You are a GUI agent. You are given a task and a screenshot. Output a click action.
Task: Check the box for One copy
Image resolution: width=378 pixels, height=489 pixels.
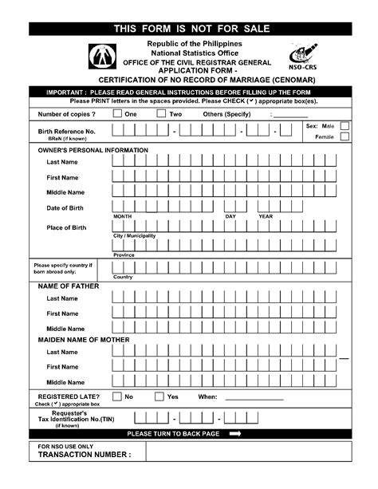(x=117, y=114)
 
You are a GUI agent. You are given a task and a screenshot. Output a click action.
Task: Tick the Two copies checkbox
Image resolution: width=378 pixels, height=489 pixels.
(x=161, y=114)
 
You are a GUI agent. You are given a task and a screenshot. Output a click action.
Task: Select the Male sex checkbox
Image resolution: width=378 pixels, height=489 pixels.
(x=345, y=126)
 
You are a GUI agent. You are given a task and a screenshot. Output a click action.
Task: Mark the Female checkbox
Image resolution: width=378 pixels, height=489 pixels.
(x=345, y=137)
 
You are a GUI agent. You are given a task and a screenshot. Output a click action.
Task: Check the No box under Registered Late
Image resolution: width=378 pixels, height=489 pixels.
(x=117, y=396)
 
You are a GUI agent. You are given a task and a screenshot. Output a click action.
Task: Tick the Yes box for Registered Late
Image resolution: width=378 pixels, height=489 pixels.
(x=159, y=396)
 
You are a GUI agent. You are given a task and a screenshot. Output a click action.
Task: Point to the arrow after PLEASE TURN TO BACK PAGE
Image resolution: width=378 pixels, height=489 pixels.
(x=235, y=434)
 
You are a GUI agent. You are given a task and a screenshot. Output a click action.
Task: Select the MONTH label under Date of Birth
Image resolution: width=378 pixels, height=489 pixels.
(x=122, y=216)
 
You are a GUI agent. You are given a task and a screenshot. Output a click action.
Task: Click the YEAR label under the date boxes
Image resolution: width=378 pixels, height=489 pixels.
(x=266, y=216)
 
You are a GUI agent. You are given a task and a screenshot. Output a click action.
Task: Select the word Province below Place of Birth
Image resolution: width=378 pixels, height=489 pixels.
(x=124, y=255)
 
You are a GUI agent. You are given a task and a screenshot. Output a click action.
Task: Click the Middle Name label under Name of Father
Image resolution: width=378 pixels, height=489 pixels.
(x=65, y=328)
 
